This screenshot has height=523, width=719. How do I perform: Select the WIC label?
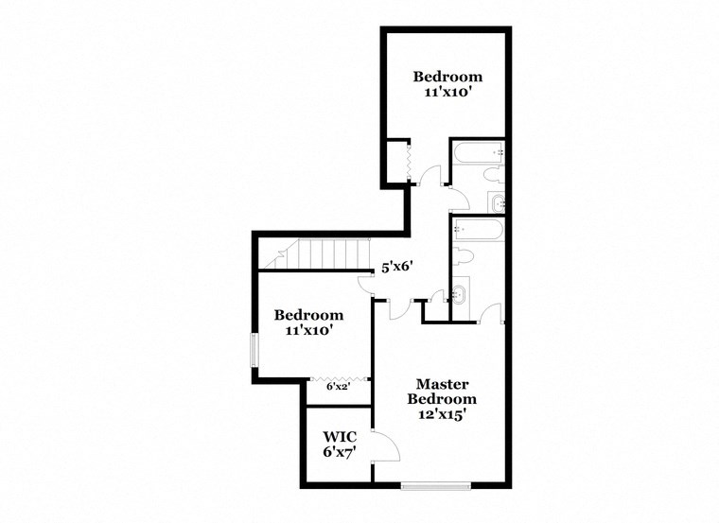click(x=340, y=437)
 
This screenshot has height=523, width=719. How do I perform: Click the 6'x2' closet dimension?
click(x=338, y=387)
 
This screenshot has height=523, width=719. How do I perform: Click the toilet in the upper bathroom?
click(x=491, y=176)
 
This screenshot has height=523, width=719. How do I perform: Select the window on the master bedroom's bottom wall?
click(x=435, y=486)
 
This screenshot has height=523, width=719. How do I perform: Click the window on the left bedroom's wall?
click(x=254, y=348)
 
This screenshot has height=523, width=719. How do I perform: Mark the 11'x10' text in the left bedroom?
click(x=308, y=331)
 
